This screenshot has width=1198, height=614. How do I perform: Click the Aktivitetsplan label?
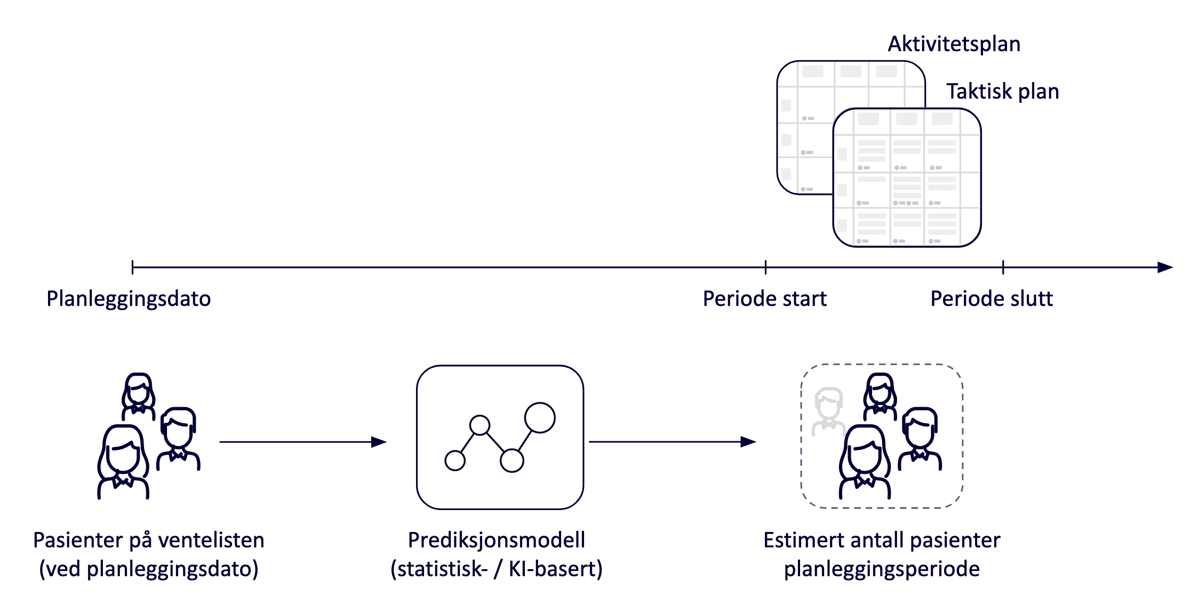click(x=954, y=44)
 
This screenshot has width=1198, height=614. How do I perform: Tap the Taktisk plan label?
click(x=1002, y=92)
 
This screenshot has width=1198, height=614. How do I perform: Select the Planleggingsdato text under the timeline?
click(x=129, y=299)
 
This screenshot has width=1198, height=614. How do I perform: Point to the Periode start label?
click(x=764, y=299)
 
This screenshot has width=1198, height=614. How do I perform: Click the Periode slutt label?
click(x=992, y=299)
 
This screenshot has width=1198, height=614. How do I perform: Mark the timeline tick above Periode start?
click(x=765, y=268)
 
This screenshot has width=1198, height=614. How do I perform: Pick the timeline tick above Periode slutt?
click(x=1003, y=268)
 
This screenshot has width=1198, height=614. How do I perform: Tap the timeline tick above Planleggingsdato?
click(x=132, y=268)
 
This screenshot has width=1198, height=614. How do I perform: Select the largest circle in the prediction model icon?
click(x=540, y=417)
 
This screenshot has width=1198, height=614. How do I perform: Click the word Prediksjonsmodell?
click(x=496, y=540)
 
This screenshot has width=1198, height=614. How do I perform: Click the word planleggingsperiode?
click(x=881, y=569)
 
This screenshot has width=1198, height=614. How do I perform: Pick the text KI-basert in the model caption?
click(x=555, y=569)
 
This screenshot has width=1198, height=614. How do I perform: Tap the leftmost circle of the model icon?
click(x=455, y=461)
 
